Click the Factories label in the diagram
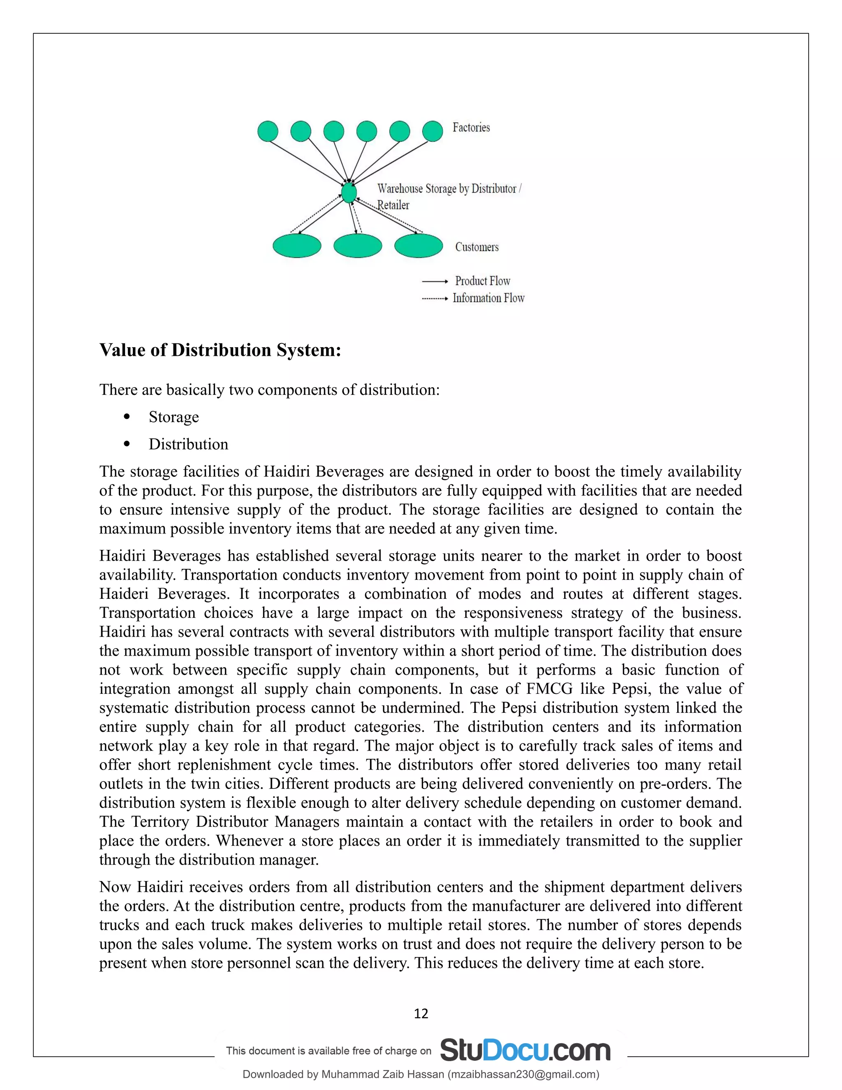(x=471, y=128)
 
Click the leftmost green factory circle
(x=268, y=131)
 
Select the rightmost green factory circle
(x=433, y=131)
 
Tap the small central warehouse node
(x=349, y=192)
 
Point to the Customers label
(x=477, y=247)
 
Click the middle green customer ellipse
(x=358, y=246)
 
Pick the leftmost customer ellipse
(x=297, y=246)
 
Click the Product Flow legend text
(x=482, y=281)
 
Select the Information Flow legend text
(x=488, y=298)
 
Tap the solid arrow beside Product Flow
(x=435, y=281)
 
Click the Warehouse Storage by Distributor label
(x=449, y=189)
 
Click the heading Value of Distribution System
(x=220, y=350)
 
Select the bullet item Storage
(x=173, y=417)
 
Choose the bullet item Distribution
(x=188, y=444)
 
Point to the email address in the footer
(x=523, y=1074)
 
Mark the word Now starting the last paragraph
(x=116, y=887)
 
